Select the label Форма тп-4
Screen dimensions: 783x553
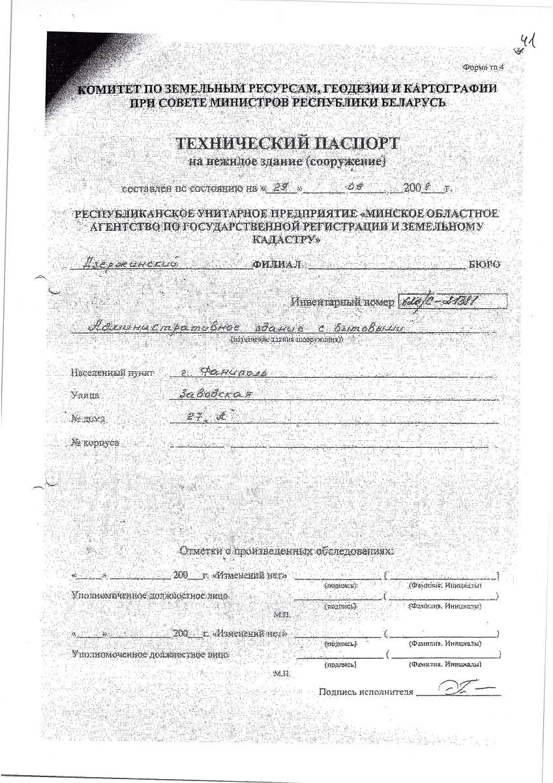click(x=483, y=67)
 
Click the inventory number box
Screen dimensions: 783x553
click(x=451, y=301)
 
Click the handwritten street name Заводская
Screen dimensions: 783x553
click(x=215, y=395)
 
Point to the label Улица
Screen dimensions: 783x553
click(x=84, y=395)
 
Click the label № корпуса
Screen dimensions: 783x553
click(x=95, y=442)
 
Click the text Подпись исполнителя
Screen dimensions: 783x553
click(x=366, y=692)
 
